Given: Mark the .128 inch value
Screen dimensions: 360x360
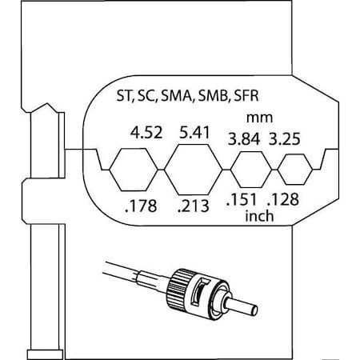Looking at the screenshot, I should tap(283, 199).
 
